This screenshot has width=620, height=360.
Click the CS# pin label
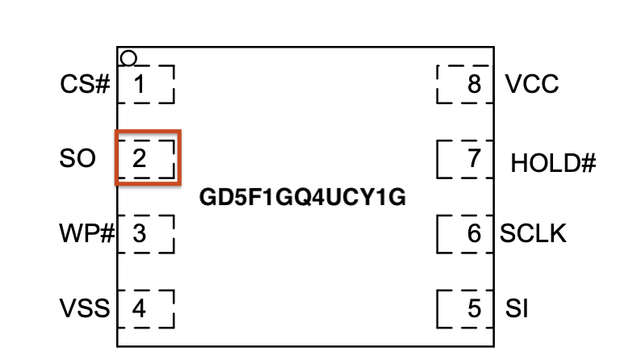(x=85, y=84)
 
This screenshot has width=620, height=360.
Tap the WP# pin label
(x=85, y=234)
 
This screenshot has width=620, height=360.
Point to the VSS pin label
(x=85, y=308)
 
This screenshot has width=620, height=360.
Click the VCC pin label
(x=531, y=84)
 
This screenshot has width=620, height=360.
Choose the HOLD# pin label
(x=553, y=164)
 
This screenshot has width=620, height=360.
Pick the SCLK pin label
(x=533, y=234)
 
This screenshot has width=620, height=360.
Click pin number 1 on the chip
(x=140, y=84)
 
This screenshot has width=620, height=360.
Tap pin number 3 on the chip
(x=140, y=234)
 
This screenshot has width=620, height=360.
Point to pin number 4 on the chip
(x=140, y=308)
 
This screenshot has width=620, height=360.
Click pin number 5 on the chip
(x=475, y=308)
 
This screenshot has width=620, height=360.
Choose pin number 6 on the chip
(x=475, y=234)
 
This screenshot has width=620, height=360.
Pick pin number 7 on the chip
(x=475, y=159)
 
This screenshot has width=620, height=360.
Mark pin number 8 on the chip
(x=475, y=84)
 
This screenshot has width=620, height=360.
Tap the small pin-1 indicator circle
(x=128, y=58)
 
